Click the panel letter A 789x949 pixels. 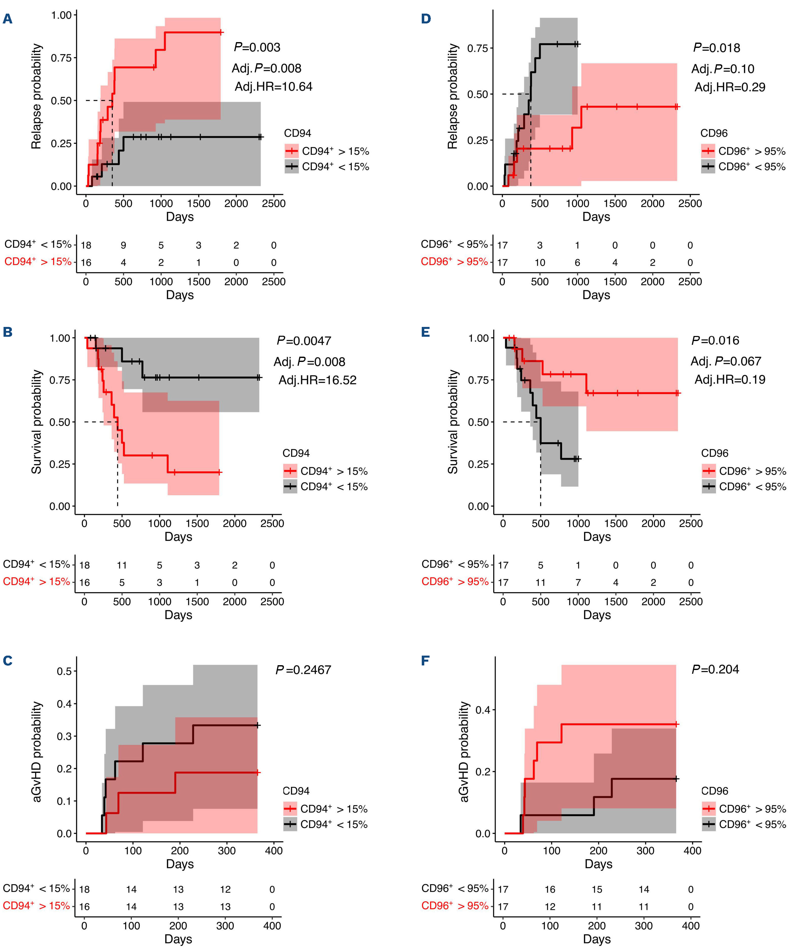click(8, 19)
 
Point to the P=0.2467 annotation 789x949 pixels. click(303, 670)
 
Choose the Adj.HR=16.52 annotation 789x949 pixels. click(317, 380)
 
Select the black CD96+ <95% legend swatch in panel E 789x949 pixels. click(709, 487)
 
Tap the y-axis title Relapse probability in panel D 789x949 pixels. click(453, 96)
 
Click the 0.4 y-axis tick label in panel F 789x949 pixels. click(483, 710)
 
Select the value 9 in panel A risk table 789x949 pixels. click(123, 246)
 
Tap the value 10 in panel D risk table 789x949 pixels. click(540, 263)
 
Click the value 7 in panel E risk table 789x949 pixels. click(578, 583)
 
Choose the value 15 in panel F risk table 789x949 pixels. click(597, 889)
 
